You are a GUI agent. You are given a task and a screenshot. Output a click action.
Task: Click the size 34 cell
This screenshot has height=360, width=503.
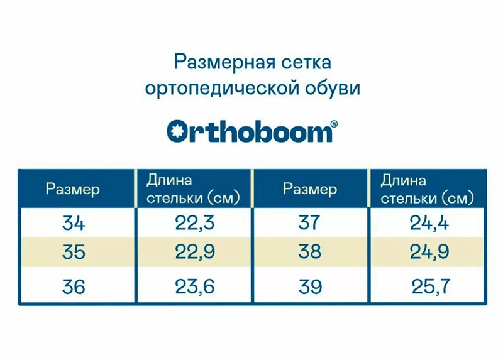(74, 223)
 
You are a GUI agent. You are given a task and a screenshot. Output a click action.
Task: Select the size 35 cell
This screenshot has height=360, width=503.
(74, 252)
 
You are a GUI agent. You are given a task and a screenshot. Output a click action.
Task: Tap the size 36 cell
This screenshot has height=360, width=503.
(74, 286)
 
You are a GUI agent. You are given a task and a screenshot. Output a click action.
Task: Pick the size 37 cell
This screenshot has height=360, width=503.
(309, 222)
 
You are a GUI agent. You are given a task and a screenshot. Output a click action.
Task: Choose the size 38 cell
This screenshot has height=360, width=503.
(309, 251)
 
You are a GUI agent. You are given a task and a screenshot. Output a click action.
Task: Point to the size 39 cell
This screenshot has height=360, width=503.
(309, 286)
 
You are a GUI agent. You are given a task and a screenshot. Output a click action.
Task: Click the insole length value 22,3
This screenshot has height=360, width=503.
(195, 223)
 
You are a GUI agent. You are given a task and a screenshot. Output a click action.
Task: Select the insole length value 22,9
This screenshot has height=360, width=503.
(195, 252)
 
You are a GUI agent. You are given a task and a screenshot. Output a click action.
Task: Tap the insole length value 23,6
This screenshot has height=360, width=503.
(195, 286)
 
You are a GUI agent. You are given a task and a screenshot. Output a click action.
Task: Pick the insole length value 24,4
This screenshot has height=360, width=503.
(429, 223)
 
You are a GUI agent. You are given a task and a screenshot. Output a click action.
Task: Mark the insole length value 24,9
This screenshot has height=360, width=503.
(429, 252)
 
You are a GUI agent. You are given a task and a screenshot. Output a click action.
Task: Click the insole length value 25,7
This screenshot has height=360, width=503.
(431, 286)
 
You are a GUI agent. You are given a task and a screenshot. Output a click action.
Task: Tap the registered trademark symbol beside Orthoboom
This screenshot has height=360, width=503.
(334, 124)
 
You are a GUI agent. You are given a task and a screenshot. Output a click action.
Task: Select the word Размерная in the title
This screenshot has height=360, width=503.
(224, 62)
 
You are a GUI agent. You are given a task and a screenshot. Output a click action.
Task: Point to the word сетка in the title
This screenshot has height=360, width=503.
(306, 63)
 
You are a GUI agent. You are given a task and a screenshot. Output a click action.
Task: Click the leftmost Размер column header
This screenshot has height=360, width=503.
(73, 190)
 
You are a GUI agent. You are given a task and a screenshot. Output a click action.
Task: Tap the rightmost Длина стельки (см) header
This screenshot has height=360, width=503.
(428, 190)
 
